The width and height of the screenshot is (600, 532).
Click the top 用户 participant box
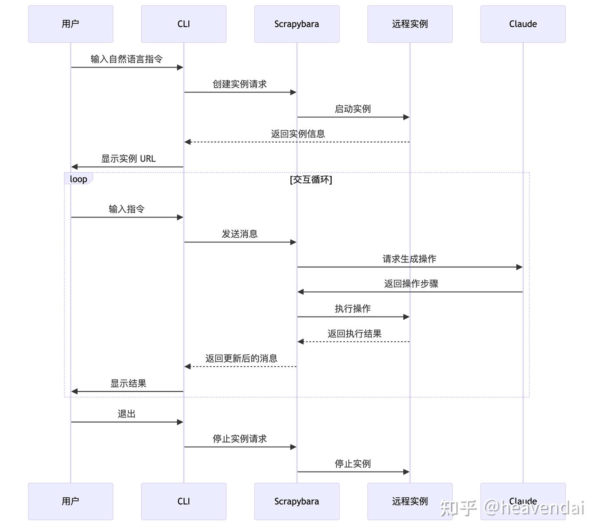pos(70,24)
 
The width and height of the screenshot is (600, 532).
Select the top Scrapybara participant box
pos(297,24)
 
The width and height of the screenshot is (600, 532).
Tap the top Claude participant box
pos(523,24)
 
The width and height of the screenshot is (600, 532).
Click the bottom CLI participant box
pos(184,501)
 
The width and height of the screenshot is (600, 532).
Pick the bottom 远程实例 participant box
pos(410,501)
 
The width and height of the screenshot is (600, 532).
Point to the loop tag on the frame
pos(78,179)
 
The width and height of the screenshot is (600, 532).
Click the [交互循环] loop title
pos(311,180)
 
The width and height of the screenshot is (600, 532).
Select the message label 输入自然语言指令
pos(127,59)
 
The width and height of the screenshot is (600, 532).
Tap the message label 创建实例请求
pos(240,84)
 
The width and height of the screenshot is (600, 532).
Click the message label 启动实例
pos(353,109)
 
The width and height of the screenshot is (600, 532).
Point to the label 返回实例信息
pos(298,134)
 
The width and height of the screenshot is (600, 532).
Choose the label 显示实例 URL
pos(128,159)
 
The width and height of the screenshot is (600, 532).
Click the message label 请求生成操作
pos(410,259)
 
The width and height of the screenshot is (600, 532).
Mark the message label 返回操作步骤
pos(411,284)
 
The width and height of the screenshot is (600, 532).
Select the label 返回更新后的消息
pos(241,359)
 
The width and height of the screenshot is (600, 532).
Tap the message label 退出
pos(127,414)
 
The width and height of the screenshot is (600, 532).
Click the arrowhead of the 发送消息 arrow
pos(293,242)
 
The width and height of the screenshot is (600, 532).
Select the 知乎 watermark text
pos(458,508)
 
